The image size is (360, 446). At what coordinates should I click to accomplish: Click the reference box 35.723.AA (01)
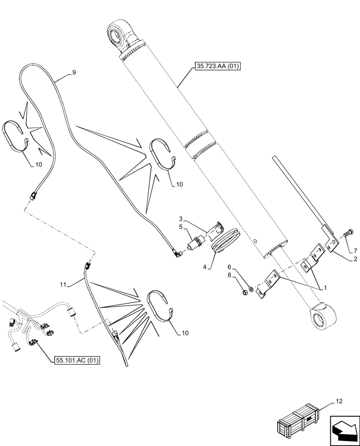[x=217, y=67]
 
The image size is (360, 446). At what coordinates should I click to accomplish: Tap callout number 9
[x=74, y=72]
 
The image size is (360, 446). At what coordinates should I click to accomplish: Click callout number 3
[x=181, y=219]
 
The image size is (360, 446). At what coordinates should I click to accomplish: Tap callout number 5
[x=181, y=227]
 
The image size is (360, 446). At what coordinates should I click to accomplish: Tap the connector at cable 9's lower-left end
[x=34, y=195]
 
